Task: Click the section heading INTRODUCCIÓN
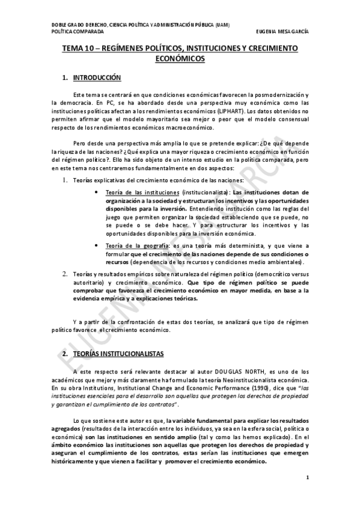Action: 97,78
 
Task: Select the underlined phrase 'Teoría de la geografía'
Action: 129,246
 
